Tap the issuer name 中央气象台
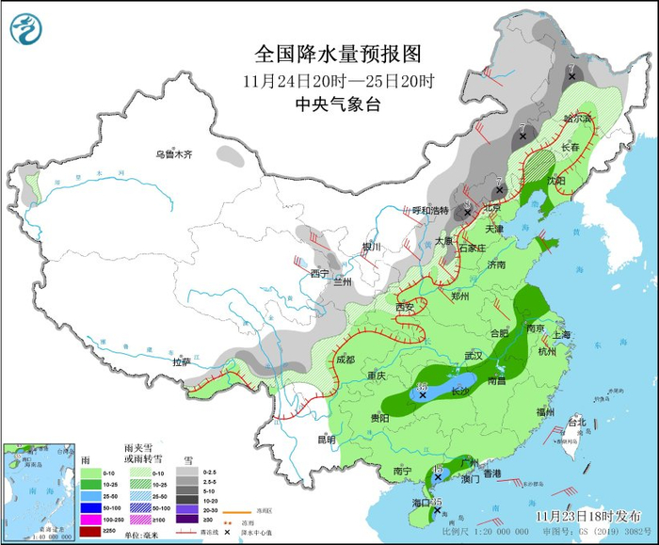click(x=337, y=104)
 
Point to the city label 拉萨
click(x=182, y=361)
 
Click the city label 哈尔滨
click(x=578, y=120)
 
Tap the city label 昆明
click(x=326, y=439)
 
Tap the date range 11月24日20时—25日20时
click(x=337, y=80)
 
